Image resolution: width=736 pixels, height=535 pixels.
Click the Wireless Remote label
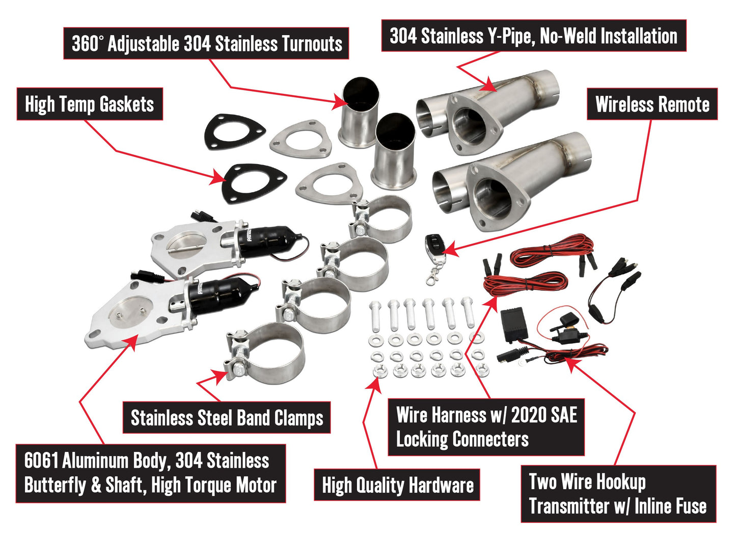652,104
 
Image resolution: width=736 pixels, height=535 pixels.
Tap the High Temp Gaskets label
90,104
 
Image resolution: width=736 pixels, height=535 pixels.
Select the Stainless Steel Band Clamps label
227,418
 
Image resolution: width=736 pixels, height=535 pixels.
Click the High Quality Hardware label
397,485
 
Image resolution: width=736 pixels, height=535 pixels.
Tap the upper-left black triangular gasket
236,133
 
